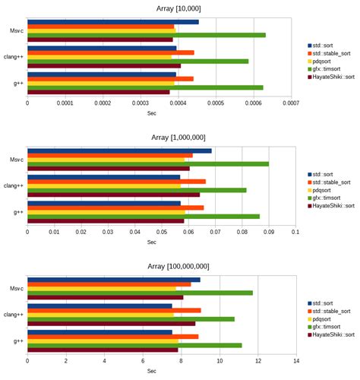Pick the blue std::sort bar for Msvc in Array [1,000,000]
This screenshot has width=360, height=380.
(x=119, y=150)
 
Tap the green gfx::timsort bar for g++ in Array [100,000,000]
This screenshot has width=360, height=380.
(x=134, y=345)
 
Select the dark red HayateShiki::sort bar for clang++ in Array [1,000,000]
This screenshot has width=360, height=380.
(x=113, y=195)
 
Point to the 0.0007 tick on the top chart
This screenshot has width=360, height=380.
(x=289, y=104)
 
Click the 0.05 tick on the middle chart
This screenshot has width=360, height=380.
(x=161, y=233)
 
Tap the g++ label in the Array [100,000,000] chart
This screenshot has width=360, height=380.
(x=17, y=341)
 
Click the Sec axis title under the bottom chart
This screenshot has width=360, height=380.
(x=151, y=371)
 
